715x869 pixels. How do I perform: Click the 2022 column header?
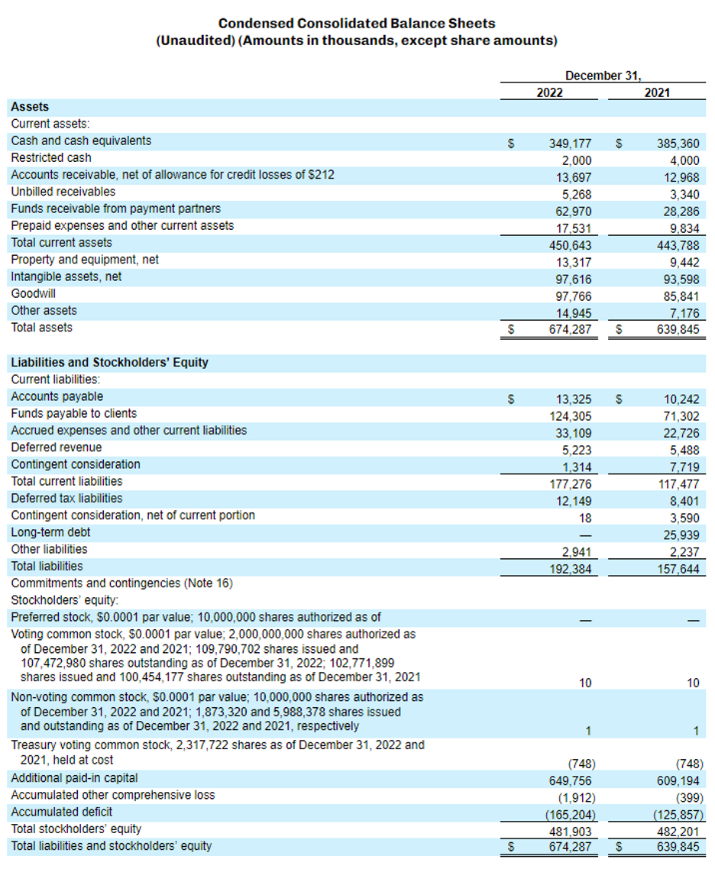click(x=549, y=92)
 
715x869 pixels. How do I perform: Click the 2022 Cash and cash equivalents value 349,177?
click(x=570, y=143)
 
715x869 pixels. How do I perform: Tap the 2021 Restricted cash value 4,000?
click(x=684, y=160)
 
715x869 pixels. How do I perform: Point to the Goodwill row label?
click(x=33, y=293)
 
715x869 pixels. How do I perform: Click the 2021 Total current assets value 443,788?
click(x=678, y=245)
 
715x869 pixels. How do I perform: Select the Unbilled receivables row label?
click(x=63, y=192)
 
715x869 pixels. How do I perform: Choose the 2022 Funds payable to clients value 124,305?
click(x=570, y=416)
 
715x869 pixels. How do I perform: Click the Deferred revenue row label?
click(x=57, y=447)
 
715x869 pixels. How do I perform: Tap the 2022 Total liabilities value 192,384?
click(x=570, y=569)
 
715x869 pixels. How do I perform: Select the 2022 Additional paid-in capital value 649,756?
click(x=570, y=780)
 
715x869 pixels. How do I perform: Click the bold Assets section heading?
click(x=30, y=107)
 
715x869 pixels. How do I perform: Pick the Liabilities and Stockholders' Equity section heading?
click(x=109, y=362)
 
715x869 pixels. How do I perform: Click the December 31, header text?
click(x=603, y=76)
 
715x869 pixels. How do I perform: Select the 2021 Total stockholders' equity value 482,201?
click(x=678, y=830)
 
